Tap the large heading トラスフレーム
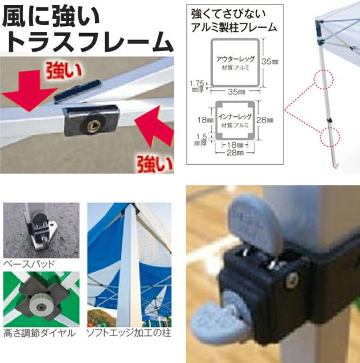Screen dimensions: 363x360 pos(88,42)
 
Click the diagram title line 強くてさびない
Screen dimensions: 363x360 pos(227,12)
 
